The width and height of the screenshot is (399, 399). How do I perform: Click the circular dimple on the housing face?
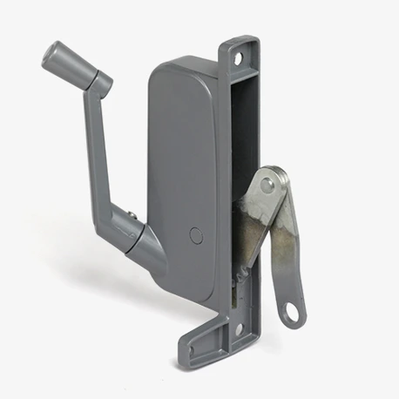click(x=194, y=235)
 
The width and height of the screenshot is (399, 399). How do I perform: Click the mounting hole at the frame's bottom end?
click(x=238, y=330)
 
